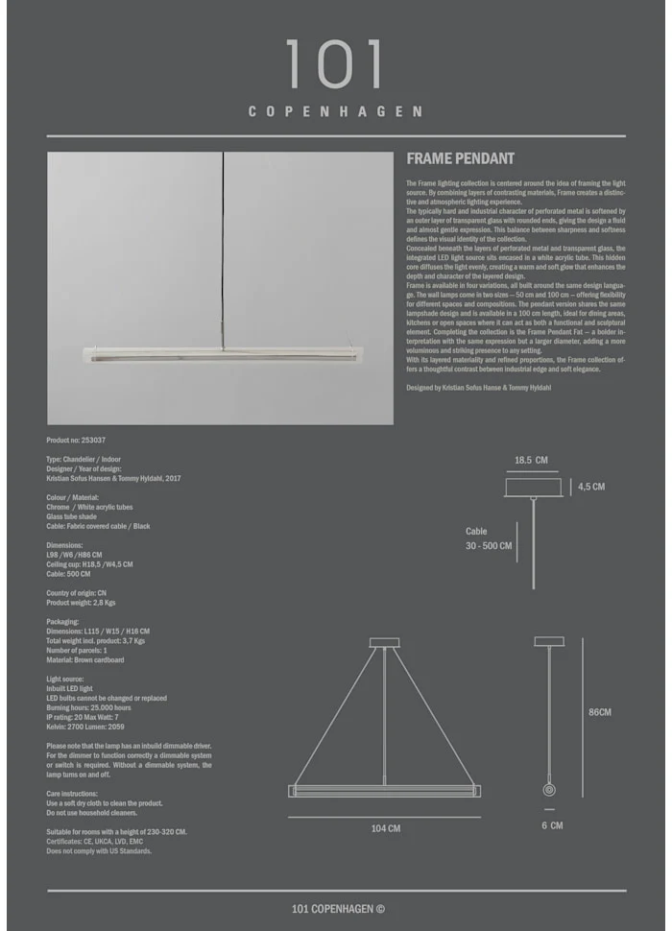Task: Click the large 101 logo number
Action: click(334, 64)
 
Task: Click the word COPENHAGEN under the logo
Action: click(335, 111)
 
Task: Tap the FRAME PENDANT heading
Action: click(461, 159)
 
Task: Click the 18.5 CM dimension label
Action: click(531, 461)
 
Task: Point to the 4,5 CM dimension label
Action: click(591, 487)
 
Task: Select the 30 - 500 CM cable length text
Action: click(489, 546)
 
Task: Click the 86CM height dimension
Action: click(599, 712)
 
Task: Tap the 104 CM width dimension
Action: click(386, 828)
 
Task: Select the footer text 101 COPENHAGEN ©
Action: click(337, 910)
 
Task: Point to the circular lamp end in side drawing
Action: click(549, 790)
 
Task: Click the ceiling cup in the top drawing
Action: click(534, 488)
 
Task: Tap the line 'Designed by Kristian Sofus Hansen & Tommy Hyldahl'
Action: click(478, 388)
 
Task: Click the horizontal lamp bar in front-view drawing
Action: click(385, 791)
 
